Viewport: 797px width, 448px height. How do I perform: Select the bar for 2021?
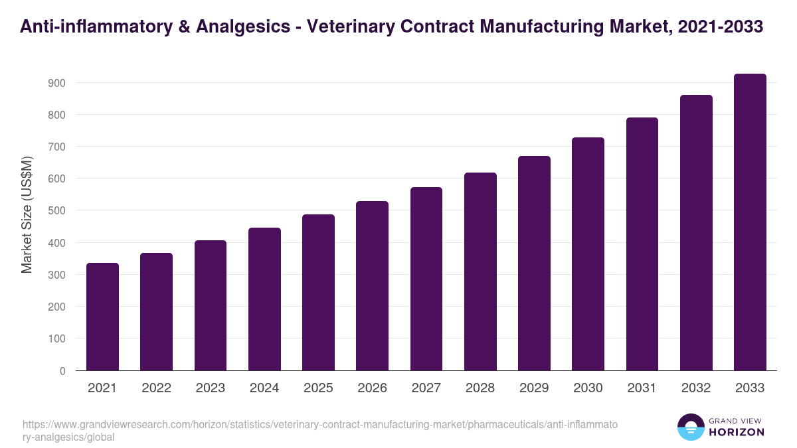click(102, 317)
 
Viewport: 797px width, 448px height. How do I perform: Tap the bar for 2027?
click(426, 279)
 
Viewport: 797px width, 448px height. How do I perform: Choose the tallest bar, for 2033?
click(750, 222)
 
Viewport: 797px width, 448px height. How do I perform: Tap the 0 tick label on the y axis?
click(62, 371)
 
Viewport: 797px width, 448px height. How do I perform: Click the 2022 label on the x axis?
click(156, 388)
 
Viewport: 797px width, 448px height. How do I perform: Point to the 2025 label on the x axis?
click(318, 388)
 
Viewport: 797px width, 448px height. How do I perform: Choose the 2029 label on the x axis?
click(534, 388)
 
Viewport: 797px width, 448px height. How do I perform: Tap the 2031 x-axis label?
click(642, 388)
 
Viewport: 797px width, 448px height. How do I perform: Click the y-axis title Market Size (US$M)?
click(27, 214)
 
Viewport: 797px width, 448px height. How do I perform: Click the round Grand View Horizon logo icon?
click(690, 427)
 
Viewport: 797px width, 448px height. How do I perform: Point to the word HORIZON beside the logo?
click(737, 432)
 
